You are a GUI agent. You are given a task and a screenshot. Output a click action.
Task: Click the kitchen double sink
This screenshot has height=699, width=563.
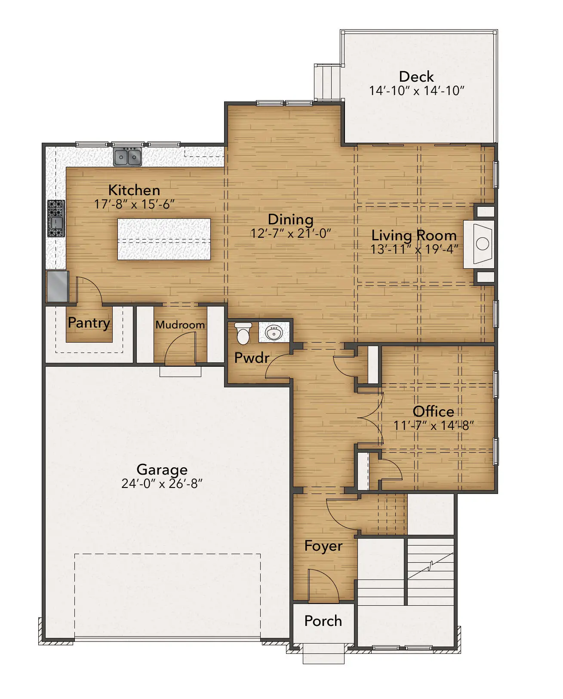[127, 156]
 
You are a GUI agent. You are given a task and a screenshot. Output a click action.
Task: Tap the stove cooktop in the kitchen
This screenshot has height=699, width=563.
[56, 218]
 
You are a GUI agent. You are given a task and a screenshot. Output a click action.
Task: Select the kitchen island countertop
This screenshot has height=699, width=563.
[164, 239]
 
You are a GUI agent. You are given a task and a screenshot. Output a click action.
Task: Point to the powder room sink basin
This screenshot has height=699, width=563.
[274, 332]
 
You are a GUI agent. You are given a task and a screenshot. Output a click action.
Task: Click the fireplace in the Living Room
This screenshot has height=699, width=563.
[479, 244]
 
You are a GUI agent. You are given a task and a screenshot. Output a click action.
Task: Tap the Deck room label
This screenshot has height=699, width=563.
[416, 77]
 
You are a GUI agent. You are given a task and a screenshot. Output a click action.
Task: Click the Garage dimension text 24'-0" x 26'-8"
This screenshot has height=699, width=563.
[162, 484]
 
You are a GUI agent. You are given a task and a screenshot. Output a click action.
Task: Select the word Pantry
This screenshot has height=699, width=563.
[89, 323]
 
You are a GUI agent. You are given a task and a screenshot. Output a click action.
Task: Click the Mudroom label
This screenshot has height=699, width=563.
[180, 325]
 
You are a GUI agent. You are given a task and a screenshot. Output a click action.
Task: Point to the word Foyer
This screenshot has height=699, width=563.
[323, 546]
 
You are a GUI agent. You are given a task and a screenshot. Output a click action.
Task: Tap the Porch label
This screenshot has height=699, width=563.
[323, 621]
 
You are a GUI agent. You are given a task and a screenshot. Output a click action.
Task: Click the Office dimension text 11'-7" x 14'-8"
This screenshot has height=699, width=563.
[434, 425]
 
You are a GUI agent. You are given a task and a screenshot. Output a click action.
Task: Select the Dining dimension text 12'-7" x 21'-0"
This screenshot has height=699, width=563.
[291, 233]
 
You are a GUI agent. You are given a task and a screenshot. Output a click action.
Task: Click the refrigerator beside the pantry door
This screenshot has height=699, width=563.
[58, 286]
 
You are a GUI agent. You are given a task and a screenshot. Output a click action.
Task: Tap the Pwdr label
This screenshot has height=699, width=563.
[252, 358]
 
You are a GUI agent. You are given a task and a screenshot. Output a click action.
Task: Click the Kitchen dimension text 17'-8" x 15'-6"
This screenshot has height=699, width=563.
[134, 204]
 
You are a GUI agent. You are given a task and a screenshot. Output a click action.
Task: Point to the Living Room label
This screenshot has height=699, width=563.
[414, 236]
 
